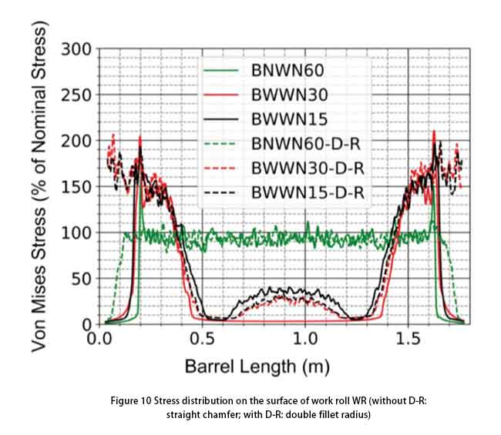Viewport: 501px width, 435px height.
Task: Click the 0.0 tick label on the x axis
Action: click(99, 340)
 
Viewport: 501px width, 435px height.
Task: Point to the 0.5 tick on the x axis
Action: click(203, 340)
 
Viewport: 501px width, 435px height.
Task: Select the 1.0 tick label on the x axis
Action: click(306, 340)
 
